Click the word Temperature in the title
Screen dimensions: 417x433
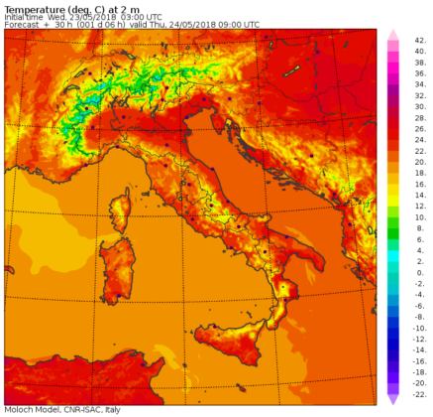coord(33,7)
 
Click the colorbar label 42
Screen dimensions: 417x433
coord(421,42)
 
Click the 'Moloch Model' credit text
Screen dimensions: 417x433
coord(31,409)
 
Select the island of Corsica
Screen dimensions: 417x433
coord(122,210)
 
